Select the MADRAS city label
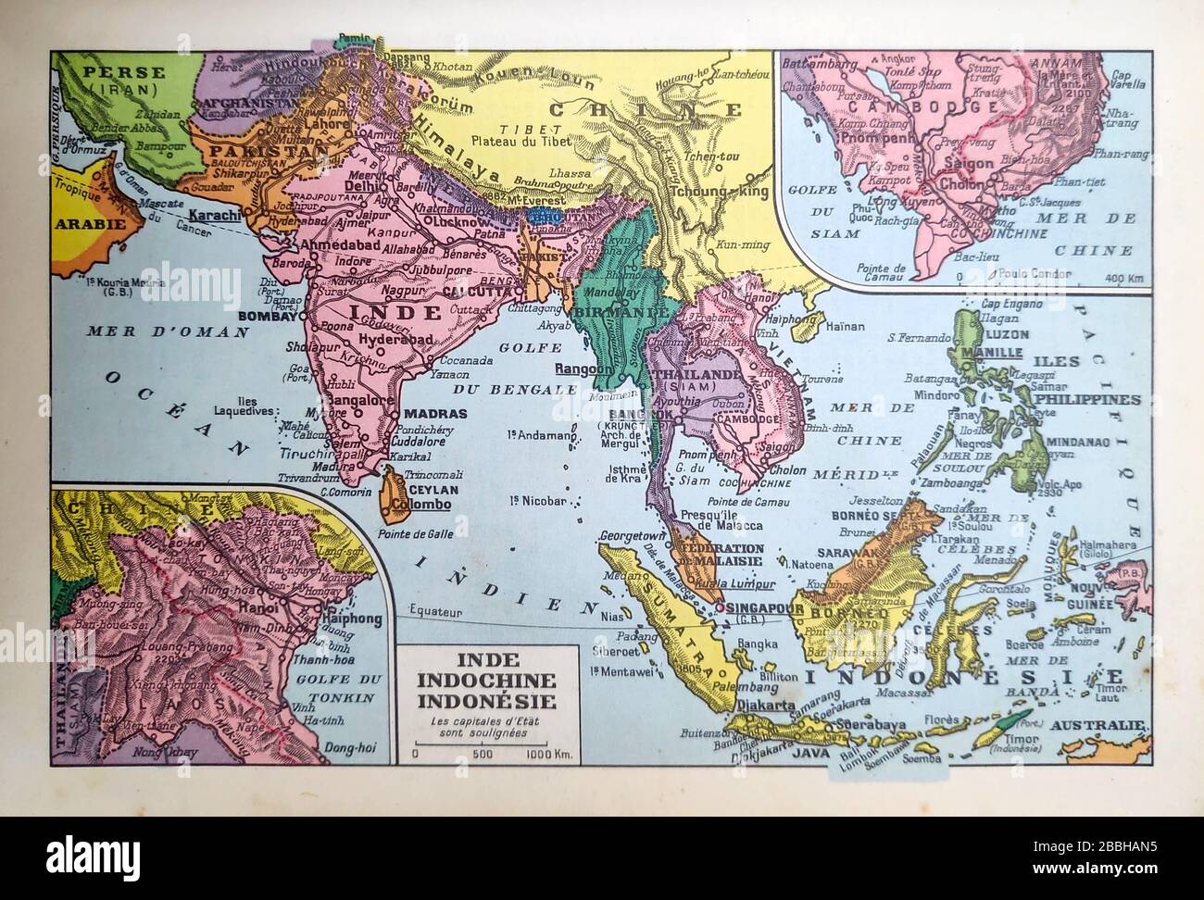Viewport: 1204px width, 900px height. tap(431, 415)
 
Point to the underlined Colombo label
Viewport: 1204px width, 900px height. tap(421, 505)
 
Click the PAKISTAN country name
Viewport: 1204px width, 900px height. tap(257, 149)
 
